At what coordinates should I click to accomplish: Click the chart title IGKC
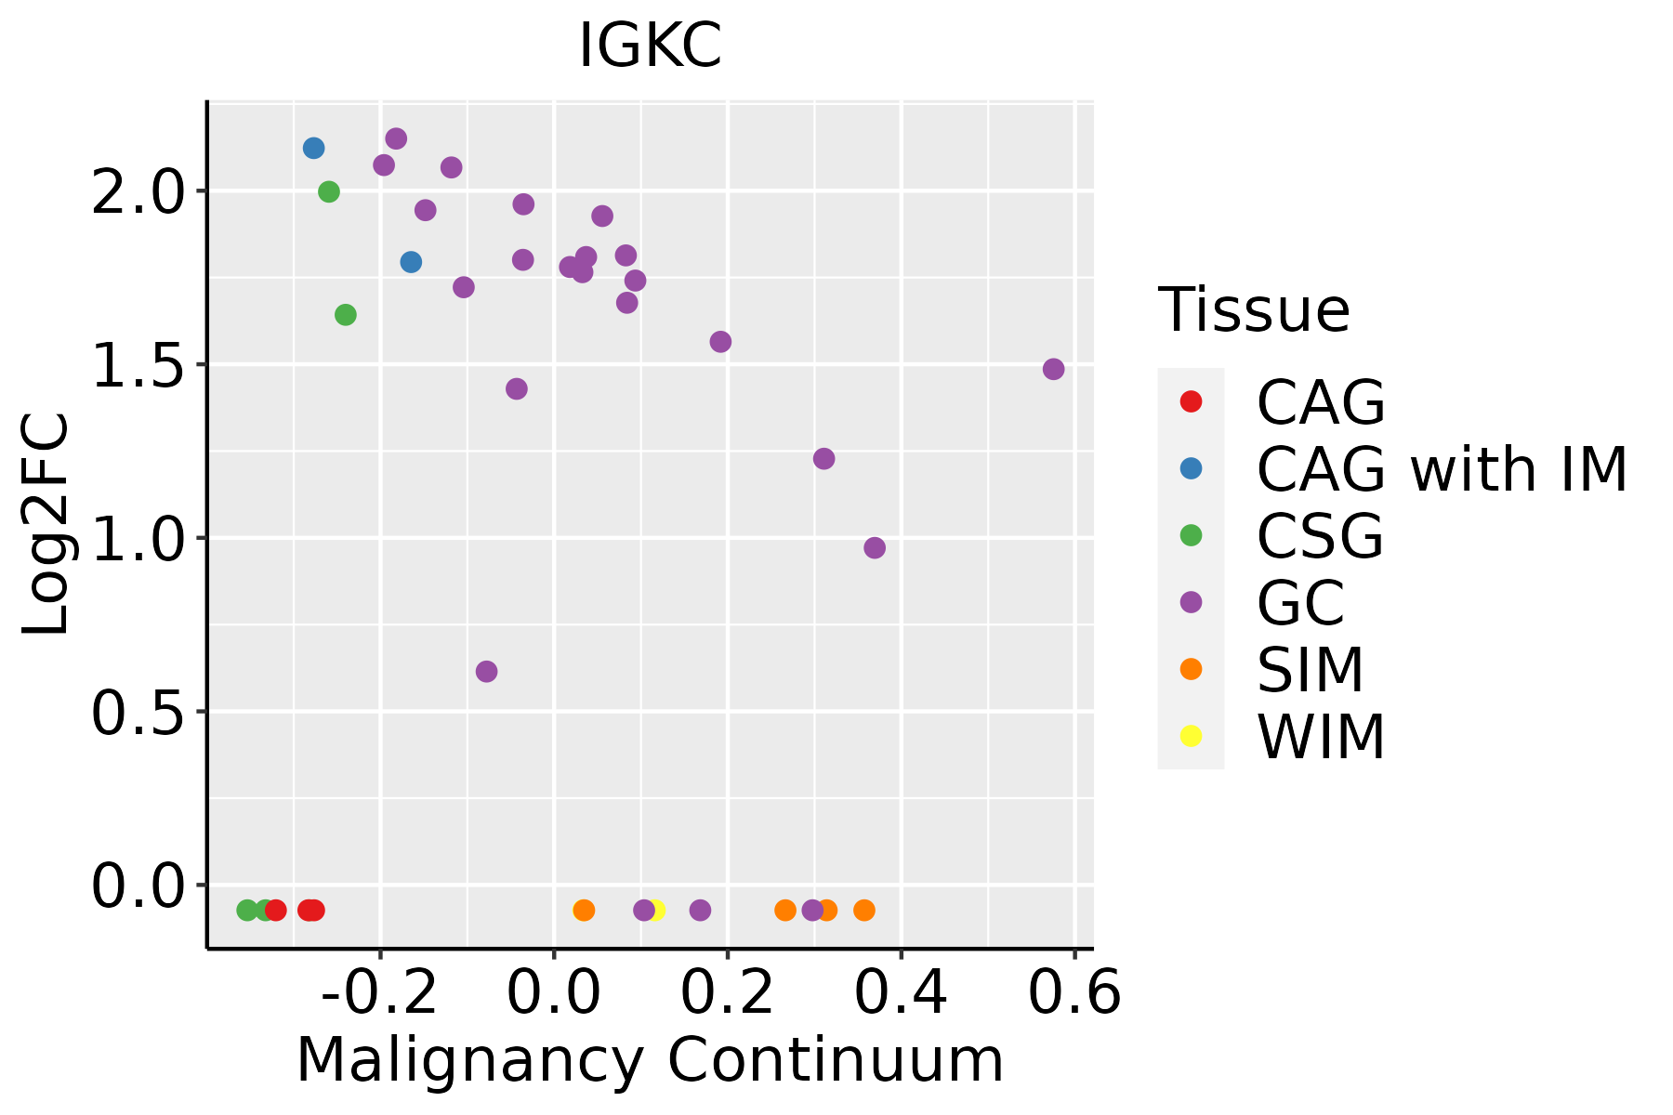[650, 46]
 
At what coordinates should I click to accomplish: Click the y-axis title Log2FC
[46, 525]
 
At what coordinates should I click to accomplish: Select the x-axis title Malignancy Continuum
[650, 1060]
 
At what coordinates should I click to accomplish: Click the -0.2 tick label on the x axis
[379, 993]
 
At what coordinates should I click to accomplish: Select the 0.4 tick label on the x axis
[901, 993]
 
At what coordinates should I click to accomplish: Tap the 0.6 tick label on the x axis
[1074, 993]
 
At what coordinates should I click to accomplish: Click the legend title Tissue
[1254, 309]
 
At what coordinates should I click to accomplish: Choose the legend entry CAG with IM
[1442, 469]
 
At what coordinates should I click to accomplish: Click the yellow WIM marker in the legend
[1191, 736]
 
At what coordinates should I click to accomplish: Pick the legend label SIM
[1310, 670]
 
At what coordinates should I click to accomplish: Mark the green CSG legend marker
[1191, 535]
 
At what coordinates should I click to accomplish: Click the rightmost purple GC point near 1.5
[1053, 369]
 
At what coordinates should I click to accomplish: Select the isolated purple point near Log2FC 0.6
[486, 671]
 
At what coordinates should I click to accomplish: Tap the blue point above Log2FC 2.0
[313, 148]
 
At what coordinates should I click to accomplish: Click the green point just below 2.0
[329, 191]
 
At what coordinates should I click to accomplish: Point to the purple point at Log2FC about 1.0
[875, 547]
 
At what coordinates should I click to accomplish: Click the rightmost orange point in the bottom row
[864, 910]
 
